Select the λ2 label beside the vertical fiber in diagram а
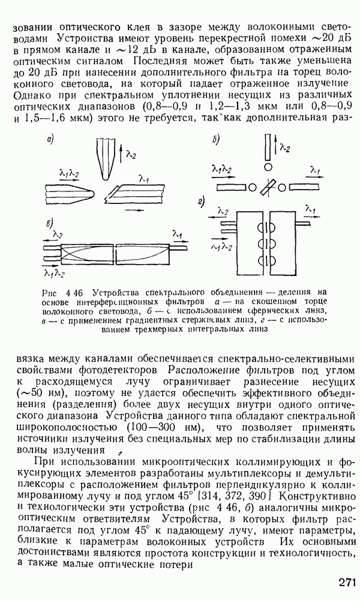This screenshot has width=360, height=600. point(131,155)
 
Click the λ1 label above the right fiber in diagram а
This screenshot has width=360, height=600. point(144,178)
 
